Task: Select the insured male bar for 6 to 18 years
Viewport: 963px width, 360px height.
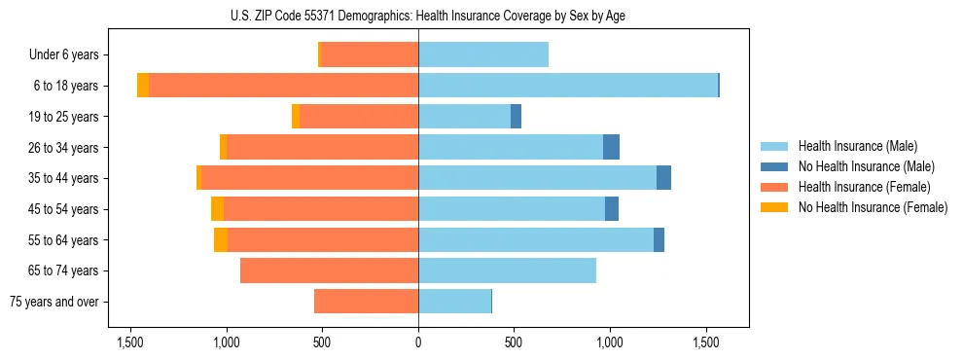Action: (568, 86)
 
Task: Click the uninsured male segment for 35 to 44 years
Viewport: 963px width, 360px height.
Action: (663, 178)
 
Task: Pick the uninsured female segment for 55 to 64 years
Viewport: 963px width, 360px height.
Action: (221, 240)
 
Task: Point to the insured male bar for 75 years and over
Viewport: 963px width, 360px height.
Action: (454, 302)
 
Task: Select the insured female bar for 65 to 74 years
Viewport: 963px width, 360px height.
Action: (329, 270)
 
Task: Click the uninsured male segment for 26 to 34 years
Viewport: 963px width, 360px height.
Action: (611, 147)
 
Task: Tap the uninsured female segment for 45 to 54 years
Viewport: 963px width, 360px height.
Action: (217, 209)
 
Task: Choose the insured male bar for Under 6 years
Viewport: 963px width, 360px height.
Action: (483, 54)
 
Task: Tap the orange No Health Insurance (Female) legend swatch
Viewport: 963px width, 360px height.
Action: (774, 207)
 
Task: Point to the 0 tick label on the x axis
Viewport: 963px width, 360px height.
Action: (418, 342)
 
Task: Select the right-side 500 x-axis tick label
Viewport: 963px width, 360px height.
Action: (514, 342)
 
